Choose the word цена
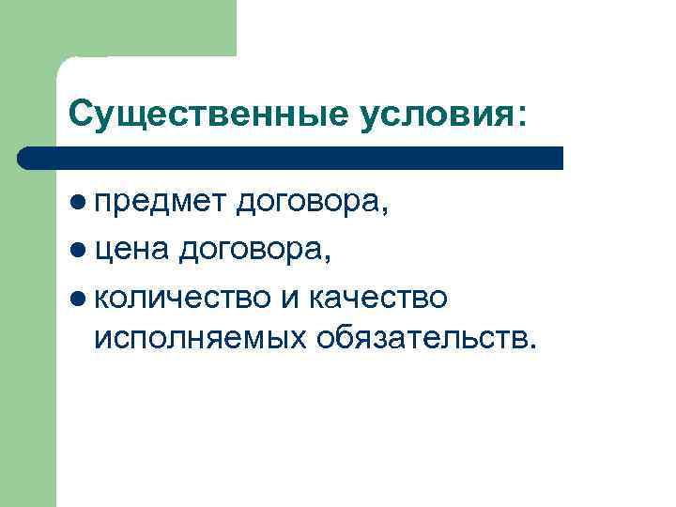(131, 251)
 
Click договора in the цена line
(249, 251)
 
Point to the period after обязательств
(535, 346)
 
